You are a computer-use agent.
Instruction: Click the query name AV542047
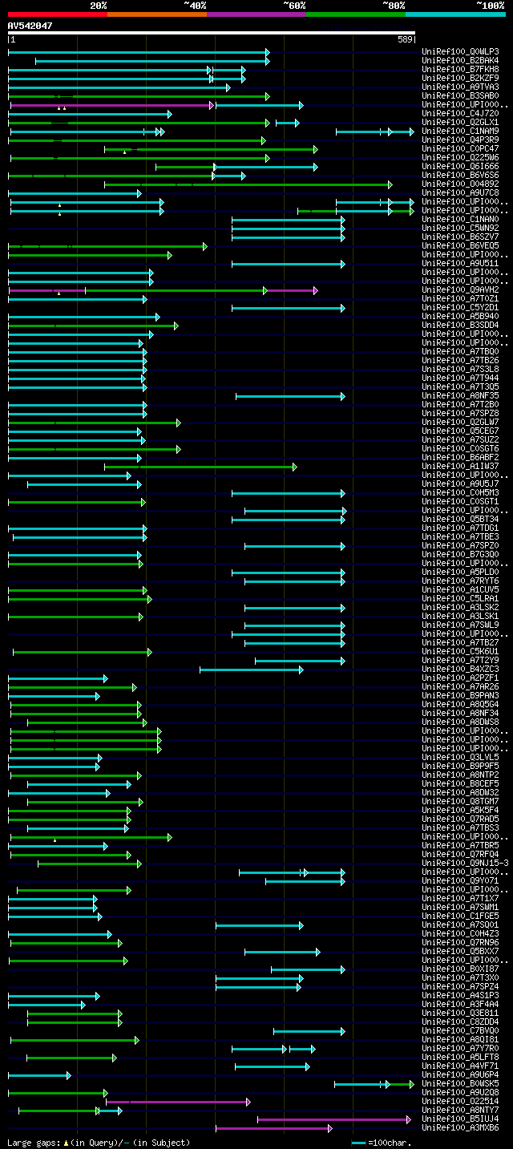pos(30,26)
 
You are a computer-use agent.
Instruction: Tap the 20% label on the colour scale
pos(98,5)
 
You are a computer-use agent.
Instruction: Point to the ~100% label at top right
pos(489,5)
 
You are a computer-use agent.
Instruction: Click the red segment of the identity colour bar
pos(57,14)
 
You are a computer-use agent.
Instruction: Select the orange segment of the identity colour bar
pos(156,14)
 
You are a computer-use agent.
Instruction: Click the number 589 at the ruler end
pos(405,38)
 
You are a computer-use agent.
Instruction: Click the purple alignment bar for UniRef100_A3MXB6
pos(273,1128)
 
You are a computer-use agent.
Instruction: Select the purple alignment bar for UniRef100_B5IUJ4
pos(333,1119)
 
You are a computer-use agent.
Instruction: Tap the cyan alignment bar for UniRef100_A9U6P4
pos(38,1075)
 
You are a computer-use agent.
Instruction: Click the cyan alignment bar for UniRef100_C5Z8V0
pos(309,1031)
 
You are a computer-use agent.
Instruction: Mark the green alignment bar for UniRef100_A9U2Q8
pos(57,1093)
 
